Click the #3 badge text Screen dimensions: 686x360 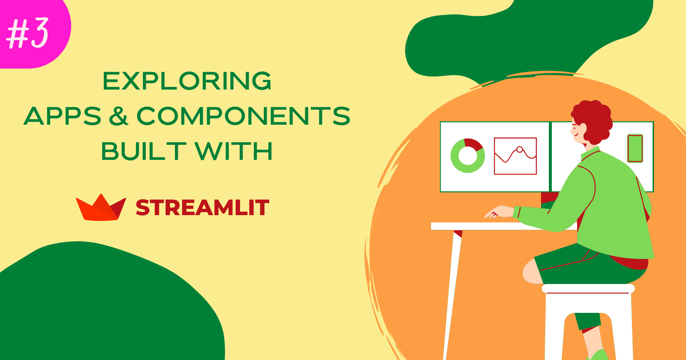click(27, 33)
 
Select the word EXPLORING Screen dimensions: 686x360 click(187, 81)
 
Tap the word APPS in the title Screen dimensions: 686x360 click(63, 116)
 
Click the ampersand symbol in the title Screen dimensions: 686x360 click(118, 116)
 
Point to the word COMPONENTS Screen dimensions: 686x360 click(243, 116)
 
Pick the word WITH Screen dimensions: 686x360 click(234, 151)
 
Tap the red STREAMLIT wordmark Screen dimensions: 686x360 click(202, 207)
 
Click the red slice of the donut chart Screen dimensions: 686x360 click(475, 144)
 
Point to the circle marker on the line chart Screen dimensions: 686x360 click(520, 150)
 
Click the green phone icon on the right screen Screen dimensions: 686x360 click(635, 148)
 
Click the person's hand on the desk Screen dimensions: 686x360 click(499, 212)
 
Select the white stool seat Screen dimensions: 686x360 click(588, 289)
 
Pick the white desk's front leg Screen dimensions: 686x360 click(452, 294)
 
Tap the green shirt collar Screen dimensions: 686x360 click(590, 153)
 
